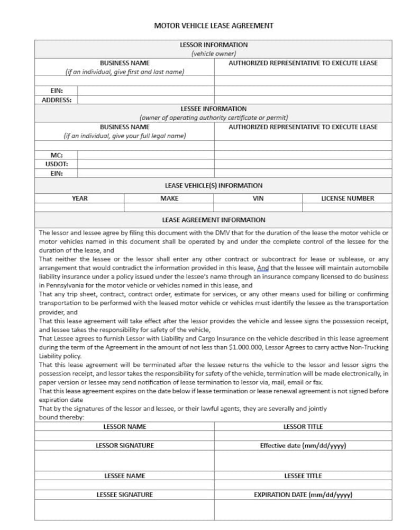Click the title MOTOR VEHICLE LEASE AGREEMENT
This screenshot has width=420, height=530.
213,25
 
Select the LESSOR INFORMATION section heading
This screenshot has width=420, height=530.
213,45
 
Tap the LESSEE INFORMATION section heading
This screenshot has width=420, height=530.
213,109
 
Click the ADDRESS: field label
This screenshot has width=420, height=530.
56,100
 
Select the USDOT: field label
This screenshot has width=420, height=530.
57,164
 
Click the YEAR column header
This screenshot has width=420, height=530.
80,199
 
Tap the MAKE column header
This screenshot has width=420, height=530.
169,199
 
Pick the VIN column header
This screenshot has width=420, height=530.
258,199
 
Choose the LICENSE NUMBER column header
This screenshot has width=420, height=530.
348,199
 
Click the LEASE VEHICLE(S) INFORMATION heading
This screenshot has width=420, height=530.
213,186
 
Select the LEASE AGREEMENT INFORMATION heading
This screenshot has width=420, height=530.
213,220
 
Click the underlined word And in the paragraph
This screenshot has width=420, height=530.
263,268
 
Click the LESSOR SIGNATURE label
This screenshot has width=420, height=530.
125,446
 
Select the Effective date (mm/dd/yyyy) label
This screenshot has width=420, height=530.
303,446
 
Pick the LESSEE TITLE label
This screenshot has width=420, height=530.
303,476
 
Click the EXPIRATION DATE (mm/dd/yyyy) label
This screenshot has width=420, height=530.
303,495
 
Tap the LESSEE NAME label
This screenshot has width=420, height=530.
125,476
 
